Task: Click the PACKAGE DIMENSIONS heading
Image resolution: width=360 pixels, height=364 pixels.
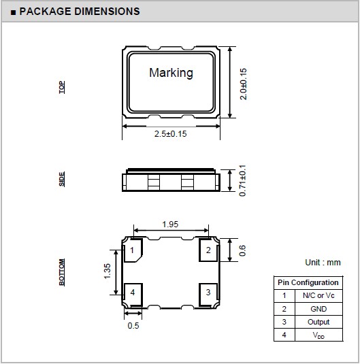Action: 80,12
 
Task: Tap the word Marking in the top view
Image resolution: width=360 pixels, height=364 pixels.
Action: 171,73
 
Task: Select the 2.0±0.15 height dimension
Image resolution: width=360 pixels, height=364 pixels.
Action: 243,84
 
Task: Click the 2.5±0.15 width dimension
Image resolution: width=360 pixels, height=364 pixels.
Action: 171,134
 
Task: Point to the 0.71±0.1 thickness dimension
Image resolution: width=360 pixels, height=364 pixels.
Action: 242,180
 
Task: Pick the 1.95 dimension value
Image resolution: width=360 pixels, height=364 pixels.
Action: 170,225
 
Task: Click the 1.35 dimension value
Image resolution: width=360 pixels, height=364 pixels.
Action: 108,271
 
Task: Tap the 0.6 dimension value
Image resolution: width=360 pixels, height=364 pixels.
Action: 242,250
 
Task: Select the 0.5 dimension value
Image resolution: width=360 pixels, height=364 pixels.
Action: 133,325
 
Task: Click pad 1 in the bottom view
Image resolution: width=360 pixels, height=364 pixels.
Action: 133,250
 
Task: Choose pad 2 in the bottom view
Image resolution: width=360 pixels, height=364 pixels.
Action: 208,250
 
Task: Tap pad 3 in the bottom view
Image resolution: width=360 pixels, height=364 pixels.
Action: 208,295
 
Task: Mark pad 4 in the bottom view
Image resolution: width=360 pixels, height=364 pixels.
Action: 133,295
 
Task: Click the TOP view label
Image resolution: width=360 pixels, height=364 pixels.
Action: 62,87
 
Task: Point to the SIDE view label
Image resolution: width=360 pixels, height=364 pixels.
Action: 62,179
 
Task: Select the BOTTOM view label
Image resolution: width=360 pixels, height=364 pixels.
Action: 62,272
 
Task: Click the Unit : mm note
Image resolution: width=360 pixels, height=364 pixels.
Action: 323,263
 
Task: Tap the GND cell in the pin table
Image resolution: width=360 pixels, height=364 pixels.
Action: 318,309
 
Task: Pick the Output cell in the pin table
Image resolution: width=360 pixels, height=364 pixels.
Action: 318,322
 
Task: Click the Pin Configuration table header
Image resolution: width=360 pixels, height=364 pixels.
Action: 308,282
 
